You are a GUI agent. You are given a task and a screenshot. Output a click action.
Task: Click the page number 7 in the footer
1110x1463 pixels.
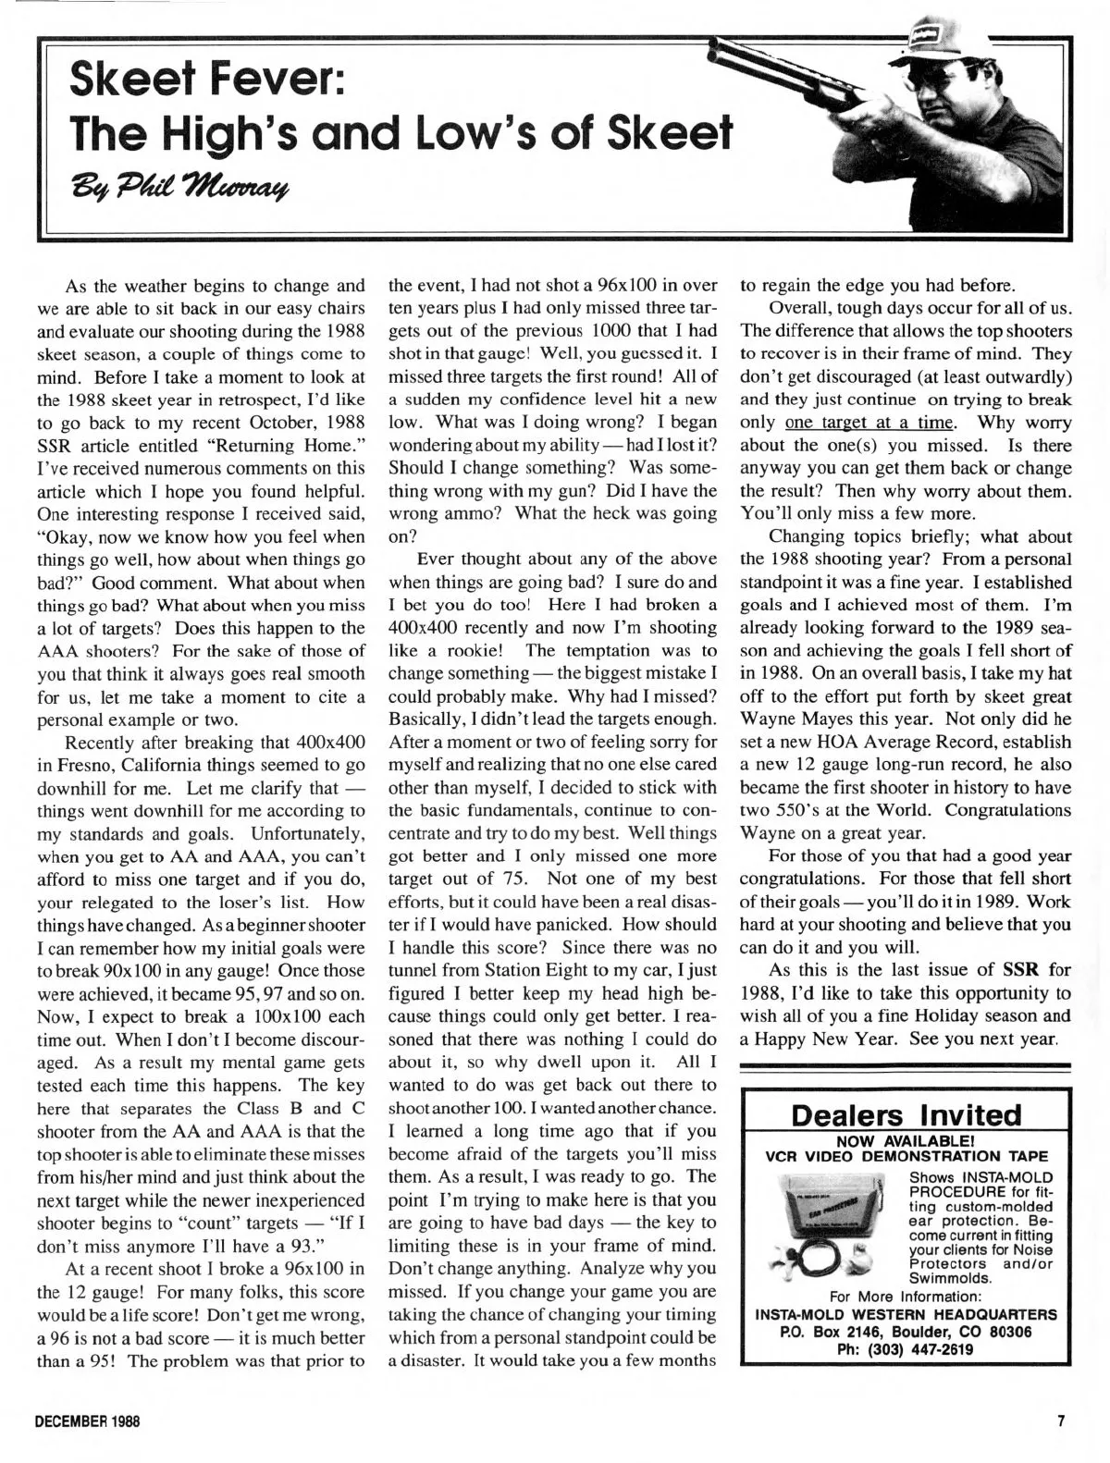pyautogui.click(x=1063, y=1421)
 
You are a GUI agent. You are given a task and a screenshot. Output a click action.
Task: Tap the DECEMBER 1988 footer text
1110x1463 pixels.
pyautogui.click(x=87, y=1421)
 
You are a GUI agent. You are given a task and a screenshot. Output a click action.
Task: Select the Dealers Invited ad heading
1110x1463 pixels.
pyautogui.click(x=906, y=1115)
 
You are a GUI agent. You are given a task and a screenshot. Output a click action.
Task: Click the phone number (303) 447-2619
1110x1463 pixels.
pyautogui.click(x=906, y=1347)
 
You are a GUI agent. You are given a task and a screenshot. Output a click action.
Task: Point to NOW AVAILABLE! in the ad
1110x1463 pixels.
pyautogui.click(x=906, y=1139)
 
